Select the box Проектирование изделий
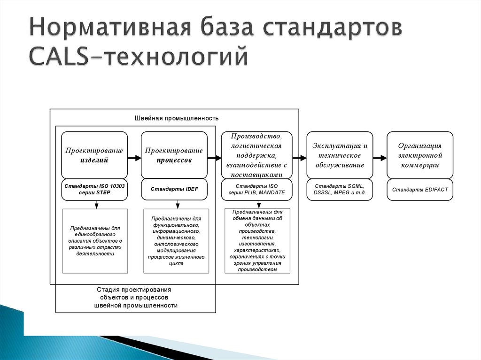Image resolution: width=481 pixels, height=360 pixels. click(94, 155)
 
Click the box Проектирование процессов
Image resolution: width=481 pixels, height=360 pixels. click(174, 155)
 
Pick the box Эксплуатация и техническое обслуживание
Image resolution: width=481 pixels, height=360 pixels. click(339, 155)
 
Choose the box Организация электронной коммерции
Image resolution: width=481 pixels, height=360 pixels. click(419, 155)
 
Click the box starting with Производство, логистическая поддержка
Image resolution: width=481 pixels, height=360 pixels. click(256, 155)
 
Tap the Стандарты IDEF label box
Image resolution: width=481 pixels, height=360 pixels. click(174, 190)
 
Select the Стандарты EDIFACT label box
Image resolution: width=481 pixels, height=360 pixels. click(419, 190)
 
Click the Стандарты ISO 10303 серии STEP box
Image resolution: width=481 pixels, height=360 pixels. click(94, 190)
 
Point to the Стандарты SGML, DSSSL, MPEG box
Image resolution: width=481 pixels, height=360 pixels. click(339, 190)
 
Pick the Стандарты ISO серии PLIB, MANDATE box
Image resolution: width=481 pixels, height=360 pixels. click(256, 190)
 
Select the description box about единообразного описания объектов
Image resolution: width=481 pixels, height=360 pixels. click(95, 241)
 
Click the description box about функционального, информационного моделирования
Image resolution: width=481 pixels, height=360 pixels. click(176, 241)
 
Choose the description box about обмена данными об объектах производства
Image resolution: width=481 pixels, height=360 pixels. click(257, 241)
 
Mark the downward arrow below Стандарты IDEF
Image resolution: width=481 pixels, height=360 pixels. click(178, 205)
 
